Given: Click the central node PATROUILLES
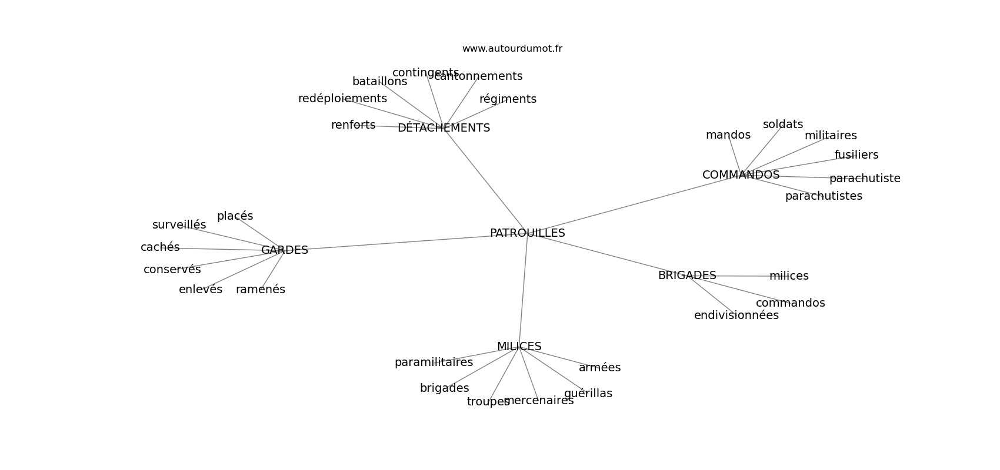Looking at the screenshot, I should click(x=527, y=233).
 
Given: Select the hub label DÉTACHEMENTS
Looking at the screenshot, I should click(x=444, y=128).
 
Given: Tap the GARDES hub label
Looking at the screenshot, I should click(x=284, y=250).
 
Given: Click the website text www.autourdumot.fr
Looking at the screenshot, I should click(x=512, y=49).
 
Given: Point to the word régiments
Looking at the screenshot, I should click(x=508, y=99).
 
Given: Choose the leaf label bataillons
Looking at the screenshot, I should click(x=379, y=82).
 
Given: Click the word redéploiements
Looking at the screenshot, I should click(x=342, y=99).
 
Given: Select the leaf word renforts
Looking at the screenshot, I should click(x=353, y=125).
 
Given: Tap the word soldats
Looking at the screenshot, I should click(x=782, y=125).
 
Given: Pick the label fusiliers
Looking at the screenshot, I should click(x=856, y=155).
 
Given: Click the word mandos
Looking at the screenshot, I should click(x=728, y=135).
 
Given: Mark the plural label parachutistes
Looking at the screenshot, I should click(x=823, y=196).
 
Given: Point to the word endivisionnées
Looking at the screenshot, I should click(x=736, y=315).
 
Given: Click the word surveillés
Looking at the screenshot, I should click(x=179, y=225).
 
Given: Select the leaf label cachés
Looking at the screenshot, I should click(x=160, y=247).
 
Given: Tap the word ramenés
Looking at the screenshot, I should click(x=260, y=290).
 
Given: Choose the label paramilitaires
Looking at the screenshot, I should click(x=434, y=362).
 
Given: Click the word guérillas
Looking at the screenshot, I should click(x=588, y=394).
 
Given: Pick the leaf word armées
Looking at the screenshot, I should click(x=599, y=368).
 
